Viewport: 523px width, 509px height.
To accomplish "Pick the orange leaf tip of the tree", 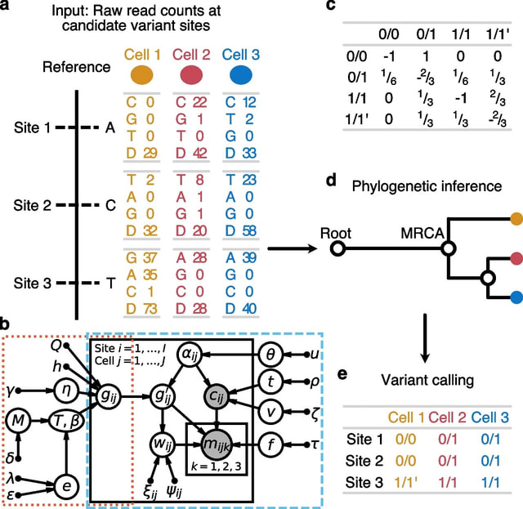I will point(516,219).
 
